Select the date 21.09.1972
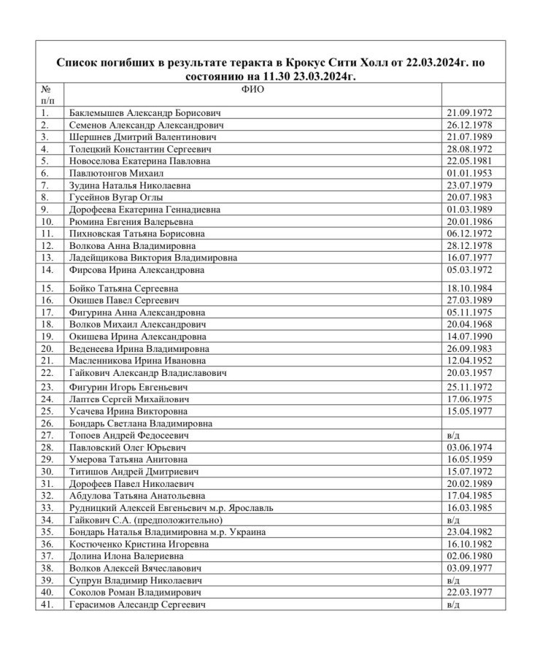(x=469, y=113)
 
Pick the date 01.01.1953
(x=469, y=173)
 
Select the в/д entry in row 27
(x=452, y=435)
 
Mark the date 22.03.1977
(x=469, y=592)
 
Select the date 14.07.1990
(x=469, y=337)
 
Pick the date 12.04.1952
(x=469, y=361)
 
